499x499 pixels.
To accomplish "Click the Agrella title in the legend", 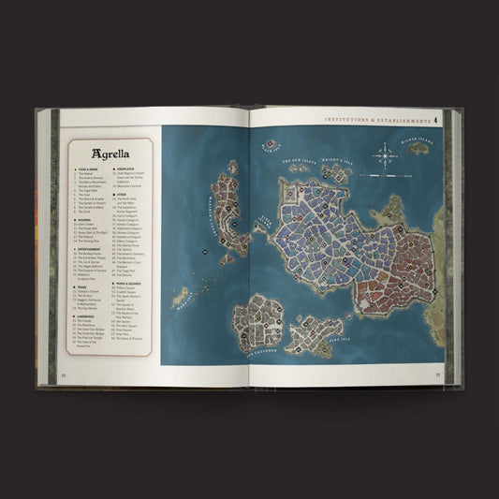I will (x=110, y=153).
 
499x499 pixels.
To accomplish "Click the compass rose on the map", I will (x=385, y=154).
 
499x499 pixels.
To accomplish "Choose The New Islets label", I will (x=294, y=161).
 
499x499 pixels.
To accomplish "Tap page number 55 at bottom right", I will (x=437, y=375).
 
